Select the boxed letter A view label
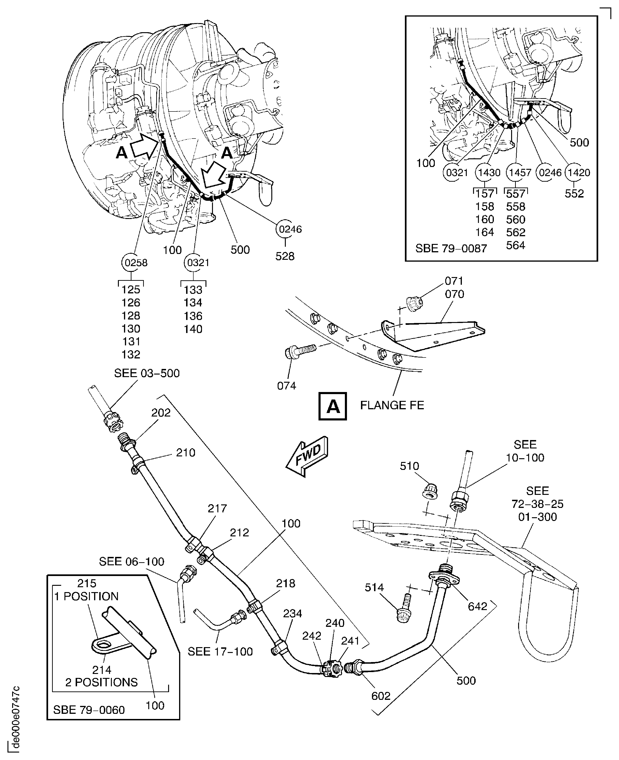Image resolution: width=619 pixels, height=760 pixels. [332, 406]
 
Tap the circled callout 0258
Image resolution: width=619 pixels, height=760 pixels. [136, 263]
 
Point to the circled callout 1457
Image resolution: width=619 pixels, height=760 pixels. [520, 173]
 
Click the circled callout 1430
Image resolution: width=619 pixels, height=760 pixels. [489, 173]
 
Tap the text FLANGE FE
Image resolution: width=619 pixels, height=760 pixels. [392, 405]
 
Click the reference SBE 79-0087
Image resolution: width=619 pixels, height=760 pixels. [451, 248]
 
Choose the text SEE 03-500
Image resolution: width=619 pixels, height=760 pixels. [147, 373]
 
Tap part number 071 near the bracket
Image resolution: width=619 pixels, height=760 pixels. [454, 281]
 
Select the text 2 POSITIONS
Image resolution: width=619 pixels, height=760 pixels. [101, 682]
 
